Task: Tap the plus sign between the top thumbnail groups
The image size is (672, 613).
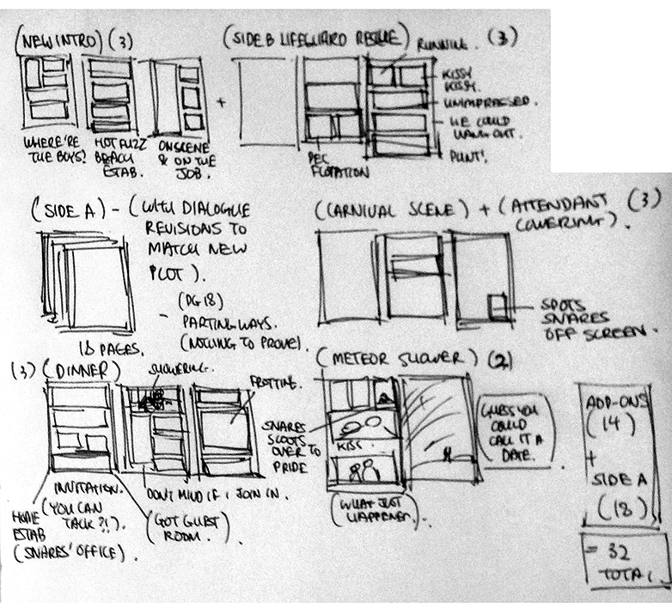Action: tap(222, 101)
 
